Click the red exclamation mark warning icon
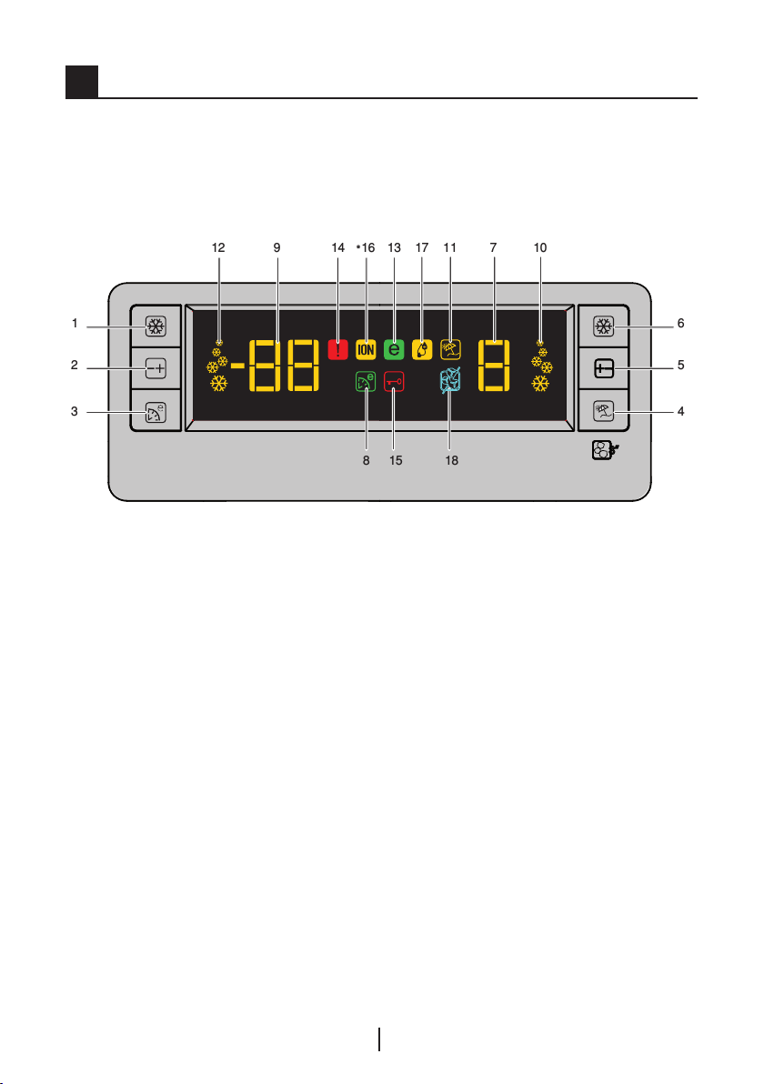point(338,348)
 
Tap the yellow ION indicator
point(367,348)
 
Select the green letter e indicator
point(394,348)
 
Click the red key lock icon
point(394,383)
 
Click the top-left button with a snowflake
point(151,326)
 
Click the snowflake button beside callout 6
point(600,326)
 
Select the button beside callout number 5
point(600,369)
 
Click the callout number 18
point(452,461)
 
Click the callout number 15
point(395,461)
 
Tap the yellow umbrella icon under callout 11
point(449,348)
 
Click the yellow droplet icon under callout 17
point(422,348)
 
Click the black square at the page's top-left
point(80,82)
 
